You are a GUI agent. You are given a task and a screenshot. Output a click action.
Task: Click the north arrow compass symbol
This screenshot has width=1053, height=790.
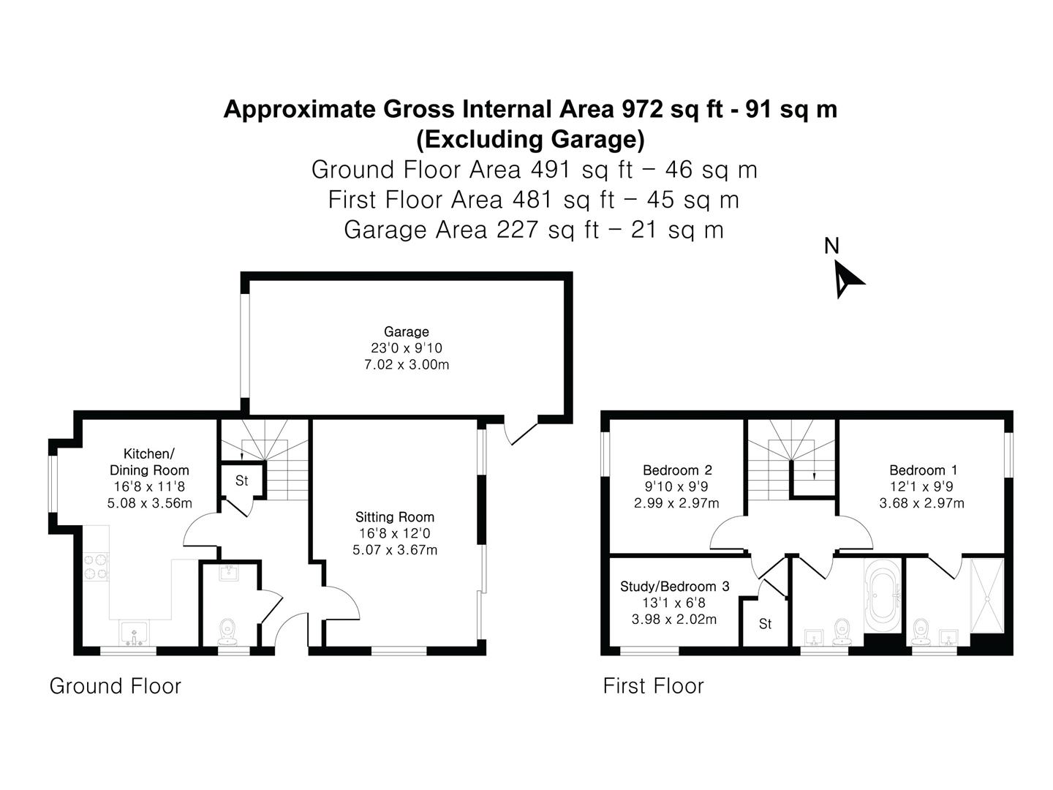click(845, 280)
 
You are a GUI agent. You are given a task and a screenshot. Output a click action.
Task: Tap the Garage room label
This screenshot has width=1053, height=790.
click(407, 331)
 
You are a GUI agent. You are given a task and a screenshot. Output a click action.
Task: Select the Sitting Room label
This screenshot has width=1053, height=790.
click(394, 516)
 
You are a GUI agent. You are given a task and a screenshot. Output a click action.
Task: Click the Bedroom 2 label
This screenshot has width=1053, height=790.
click(677, 470)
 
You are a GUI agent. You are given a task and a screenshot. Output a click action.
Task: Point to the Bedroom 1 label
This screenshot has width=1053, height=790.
click(921, 470)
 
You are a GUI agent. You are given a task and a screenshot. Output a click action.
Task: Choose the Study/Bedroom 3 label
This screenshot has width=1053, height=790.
click(674, 586)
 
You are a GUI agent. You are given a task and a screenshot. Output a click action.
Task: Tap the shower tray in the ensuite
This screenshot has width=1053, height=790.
click(986, 595)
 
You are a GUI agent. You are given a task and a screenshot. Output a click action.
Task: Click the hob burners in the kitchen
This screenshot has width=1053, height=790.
click(96, 567)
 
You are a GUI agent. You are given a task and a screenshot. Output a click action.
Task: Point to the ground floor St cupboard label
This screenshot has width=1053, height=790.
click(242, 480)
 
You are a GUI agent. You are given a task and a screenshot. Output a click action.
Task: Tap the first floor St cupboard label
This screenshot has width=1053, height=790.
click(765, 623)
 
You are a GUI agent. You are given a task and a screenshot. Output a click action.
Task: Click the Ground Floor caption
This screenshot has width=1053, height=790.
click(115, 686)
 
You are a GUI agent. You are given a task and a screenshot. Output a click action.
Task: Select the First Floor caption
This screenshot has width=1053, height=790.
click(654, 686)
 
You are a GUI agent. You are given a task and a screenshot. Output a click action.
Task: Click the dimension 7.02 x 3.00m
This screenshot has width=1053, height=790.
click(407, 364)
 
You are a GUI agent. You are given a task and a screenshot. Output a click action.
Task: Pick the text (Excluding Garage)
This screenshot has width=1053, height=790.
click(530, 139)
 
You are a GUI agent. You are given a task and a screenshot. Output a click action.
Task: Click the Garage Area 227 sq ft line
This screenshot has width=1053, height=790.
click(534, 229)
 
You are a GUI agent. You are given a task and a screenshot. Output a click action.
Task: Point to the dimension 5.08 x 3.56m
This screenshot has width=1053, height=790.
click(149, 503)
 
